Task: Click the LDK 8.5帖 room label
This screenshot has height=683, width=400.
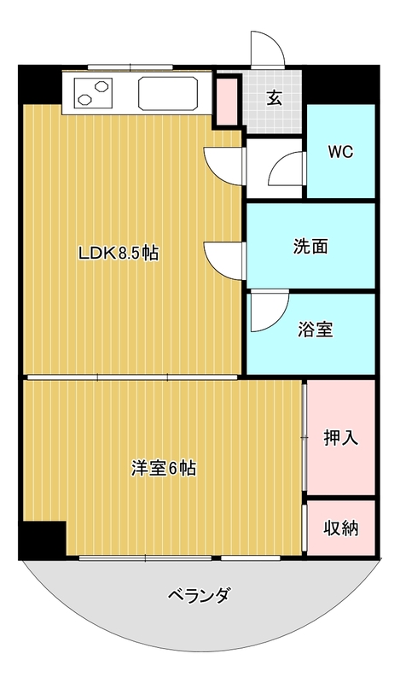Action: point(118,253)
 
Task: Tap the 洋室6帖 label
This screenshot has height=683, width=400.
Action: point(164,468)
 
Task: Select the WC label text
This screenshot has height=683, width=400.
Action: point(340,152)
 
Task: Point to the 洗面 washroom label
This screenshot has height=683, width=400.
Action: point(310,247)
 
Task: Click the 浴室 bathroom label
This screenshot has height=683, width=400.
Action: point(316,330)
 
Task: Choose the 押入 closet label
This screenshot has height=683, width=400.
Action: point(341,438)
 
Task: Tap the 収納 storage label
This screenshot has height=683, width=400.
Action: point(341,528)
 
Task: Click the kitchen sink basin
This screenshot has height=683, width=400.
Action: point(168,94)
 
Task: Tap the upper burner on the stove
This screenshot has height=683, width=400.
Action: point(101,86)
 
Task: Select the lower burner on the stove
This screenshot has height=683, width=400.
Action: point(84,100)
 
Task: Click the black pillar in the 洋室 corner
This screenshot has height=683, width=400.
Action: point(43,540)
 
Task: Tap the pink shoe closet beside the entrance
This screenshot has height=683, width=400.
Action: point(226,102)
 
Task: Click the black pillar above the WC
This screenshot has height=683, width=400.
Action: point(341,85)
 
